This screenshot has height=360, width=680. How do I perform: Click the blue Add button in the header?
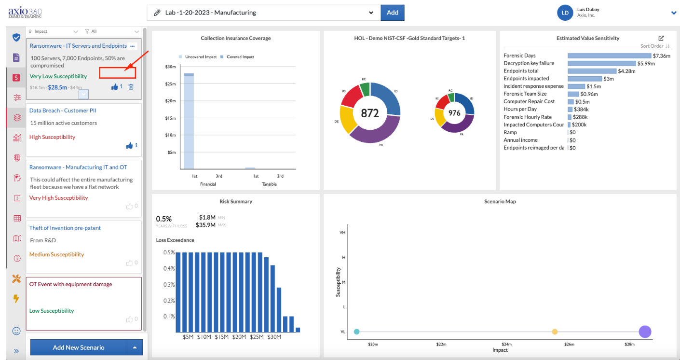tap(392, 13)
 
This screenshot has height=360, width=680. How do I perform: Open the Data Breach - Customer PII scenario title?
tap(63, 111)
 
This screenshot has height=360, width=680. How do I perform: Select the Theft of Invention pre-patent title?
tap(65, 228)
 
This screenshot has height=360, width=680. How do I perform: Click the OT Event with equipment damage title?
tap(71, 284)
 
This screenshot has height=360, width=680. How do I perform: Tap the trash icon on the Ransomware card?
tap(131, 87)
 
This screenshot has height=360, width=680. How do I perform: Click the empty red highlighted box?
tap(117, 73)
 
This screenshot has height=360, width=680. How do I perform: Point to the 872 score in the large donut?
tap(370, 113)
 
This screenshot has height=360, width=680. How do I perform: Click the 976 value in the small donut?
tap(454, 113)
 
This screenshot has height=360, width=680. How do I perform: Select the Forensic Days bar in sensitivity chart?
tap(609, 55)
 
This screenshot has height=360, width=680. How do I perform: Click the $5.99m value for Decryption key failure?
tap(646, 64)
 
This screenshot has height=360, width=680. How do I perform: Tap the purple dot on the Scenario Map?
tap(645, 332)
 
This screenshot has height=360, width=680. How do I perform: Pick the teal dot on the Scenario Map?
tap(357, 332)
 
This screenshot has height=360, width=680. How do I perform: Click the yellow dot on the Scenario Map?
tap(555, 332)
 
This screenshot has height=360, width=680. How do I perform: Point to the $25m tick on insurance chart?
tap(170, 84)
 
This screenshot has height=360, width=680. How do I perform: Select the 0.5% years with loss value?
tap(163, 219)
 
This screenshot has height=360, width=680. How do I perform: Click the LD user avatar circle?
tap(565, 13)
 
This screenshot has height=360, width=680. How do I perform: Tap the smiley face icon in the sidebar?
tap(16, 331)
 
